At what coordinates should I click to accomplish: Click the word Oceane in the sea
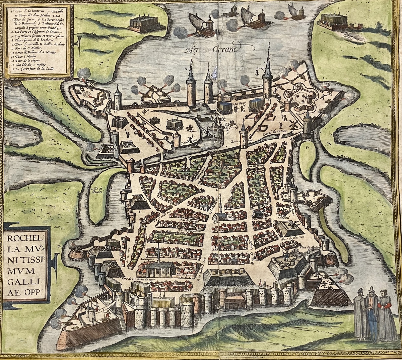[x=224, y=49]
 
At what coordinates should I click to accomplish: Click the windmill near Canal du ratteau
[x=292, y=124]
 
